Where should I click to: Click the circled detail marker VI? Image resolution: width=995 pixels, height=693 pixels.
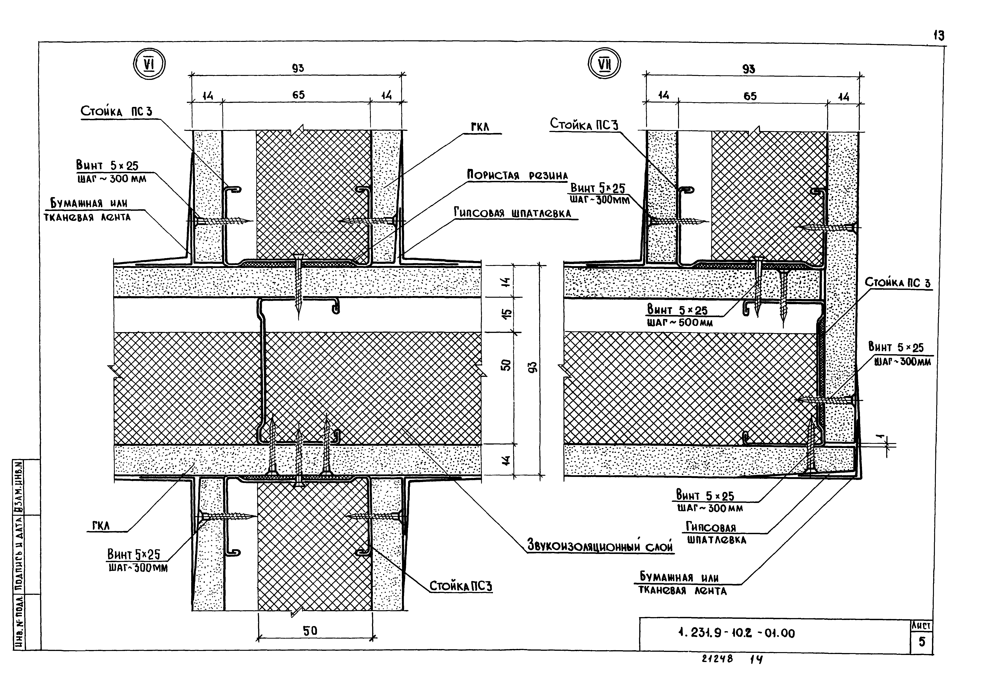149,64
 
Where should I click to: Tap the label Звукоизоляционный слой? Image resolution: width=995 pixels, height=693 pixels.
600,545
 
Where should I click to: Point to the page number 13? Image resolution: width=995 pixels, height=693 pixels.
939,36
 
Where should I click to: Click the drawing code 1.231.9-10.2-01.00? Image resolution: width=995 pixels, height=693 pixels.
736,633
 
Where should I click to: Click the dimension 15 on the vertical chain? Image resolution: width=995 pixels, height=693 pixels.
507,313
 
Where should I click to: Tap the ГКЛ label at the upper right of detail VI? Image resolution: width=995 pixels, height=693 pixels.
480,127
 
